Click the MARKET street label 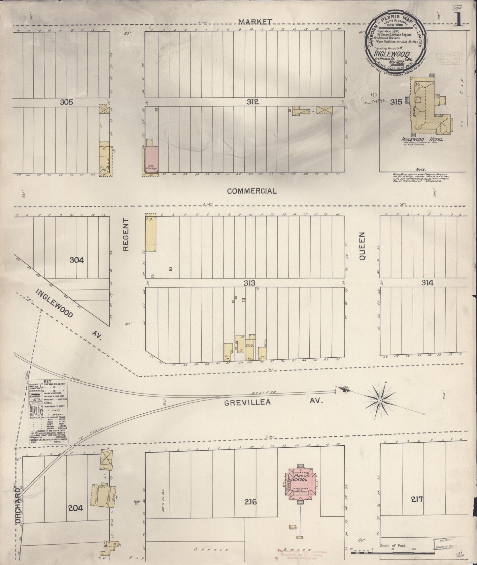coord(255,22)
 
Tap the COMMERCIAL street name coord(252,191)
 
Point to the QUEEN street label coord(362,246)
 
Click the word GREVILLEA coord(248,402)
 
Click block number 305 coord(66,102)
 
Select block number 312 coord(252,102)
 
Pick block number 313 coord(250,283)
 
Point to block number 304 coord(77,260)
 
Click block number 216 coord(251,502)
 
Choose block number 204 coord(76,508)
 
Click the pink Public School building coord(301,484)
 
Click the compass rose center coord(380,401)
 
